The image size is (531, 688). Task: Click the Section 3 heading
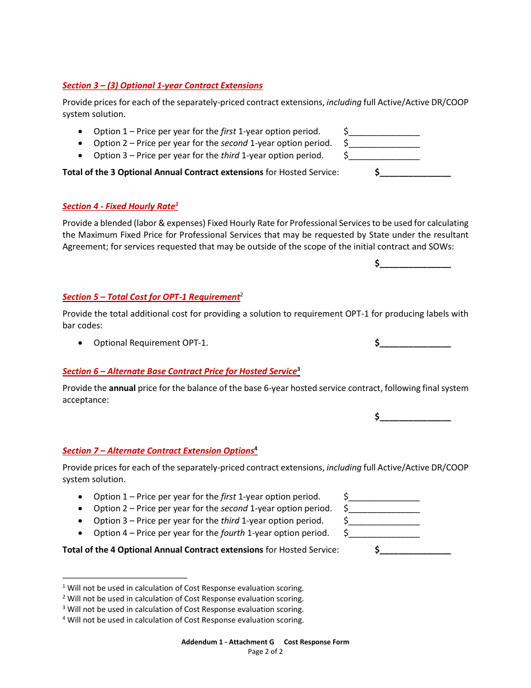point(162,86)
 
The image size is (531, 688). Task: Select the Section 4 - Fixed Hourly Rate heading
point(120,206)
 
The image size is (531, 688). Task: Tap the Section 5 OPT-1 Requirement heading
point(151,297)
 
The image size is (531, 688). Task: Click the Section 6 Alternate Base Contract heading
point(180,371)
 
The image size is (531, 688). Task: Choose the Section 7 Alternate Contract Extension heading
point(159,451)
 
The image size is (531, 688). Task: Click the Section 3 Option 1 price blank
point(384,132)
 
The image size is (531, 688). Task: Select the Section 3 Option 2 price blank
point(384,144)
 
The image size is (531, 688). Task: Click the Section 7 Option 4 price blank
point(384,534)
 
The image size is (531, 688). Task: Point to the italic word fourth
point(233,533)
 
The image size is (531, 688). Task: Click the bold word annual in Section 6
point(122,388)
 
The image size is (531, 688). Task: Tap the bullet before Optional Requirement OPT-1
point(82,343)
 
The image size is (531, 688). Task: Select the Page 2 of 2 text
point(265,652)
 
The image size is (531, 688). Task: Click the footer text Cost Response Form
point(316,642)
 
